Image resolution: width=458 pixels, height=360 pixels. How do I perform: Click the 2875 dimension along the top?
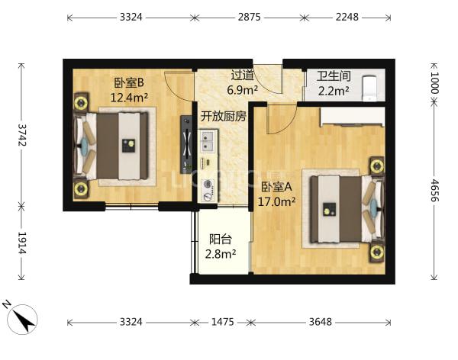click(x=249, y=17)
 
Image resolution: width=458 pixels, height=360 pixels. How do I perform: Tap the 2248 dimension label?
click(x=347, y=17)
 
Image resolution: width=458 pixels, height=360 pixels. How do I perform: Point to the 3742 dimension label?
click(x=22, y=135)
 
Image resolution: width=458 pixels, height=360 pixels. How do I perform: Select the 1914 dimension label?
click(x=22, y=243)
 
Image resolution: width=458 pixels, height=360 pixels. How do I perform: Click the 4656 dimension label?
click(x=434, y=190)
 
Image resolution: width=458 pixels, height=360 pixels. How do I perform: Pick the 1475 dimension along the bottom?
click(x=222, y=322)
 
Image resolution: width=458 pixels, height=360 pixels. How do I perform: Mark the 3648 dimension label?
click(x=320, y=322)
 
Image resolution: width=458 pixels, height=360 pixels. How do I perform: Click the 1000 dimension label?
click(x=434, y=82)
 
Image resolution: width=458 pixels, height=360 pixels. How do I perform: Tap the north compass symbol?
click(x=21, y=318)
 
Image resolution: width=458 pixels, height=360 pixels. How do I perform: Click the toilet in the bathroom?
click(x=369, y=88)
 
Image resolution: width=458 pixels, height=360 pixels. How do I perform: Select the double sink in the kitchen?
click(x=208, y=141)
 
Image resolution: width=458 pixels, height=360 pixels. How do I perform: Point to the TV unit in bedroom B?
click(x=186, y=144)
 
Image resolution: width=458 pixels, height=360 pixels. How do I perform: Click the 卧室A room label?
click(x=276, y=187)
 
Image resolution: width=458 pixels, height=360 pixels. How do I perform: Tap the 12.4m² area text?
click(x=129, y=97)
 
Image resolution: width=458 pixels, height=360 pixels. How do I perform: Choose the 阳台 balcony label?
click(x=221, y=239)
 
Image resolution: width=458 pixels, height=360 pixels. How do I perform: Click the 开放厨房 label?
click(x=224, y=117)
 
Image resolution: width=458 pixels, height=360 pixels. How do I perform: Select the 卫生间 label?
click(x=334, y=76)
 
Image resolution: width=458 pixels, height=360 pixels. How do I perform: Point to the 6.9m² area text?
click(x=243, y=90)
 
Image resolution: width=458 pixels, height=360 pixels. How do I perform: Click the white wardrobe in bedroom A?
click(x=352, y=117)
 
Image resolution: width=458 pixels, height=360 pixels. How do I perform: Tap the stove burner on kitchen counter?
click(x=208, y=184)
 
